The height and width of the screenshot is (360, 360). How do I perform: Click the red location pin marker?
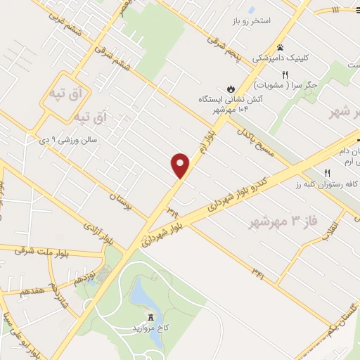(181, 165)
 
